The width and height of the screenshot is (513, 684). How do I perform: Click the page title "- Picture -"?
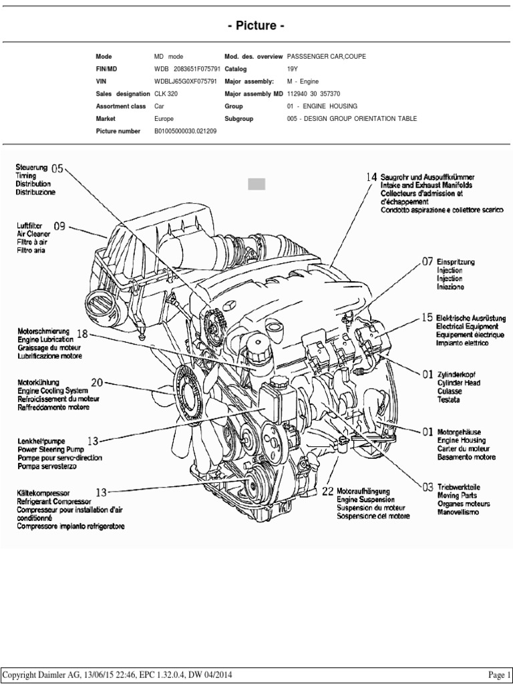pos(256,26)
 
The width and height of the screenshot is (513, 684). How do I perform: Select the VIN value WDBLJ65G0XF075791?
pos(185,81)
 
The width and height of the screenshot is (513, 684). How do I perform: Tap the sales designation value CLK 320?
pos(166,94)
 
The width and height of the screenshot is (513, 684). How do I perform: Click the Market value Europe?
pos(164,118)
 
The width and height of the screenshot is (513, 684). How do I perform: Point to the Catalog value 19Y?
pos(292,68)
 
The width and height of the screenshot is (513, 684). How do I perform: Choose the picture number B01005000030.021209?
pos(185,131)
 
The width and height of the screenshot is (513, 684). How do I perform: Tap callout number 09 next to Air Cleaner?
pos(59,226)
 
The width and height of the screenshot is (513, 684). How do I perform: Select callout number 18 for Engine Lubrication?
pos(82,333)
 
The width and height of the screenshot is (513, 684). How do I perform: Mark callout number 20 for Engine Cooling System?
pos(96,383)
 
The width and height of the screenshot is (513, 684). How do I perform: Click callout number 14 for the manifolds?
pos(371,177)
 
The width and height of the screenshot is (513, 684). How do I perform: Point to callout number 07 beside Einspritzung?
pos(427,263)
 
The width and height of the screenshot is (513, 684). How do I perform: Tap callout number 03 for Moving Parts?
pos(427,486)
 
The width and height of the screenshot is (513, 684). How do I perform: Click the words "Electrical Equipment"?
pos(467,327)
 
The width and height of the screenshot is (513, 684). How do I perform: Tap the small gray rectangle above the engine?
pos(257,184)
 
